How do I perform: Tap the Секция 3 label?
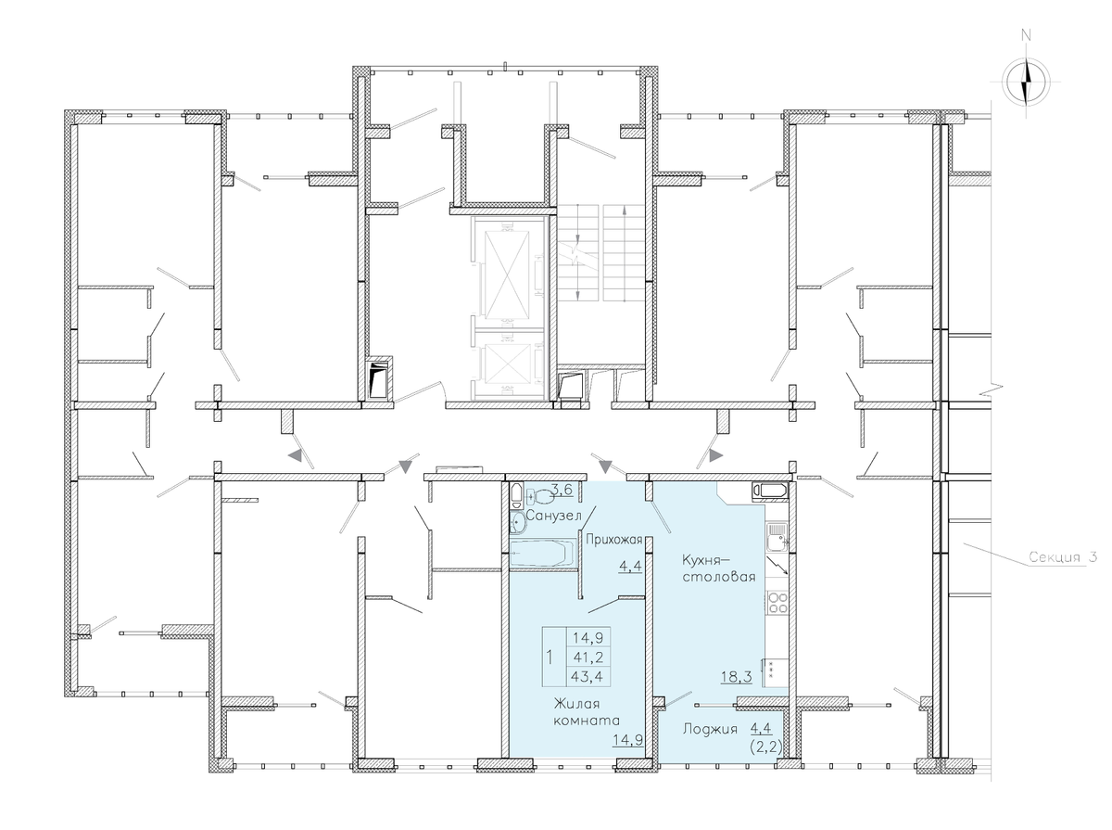coord(1063,557)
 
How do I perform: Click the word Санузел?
coord(554,517)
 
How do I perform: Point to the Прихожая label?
coord(614,540)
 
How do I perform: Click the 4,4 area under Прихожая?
coord(630,566)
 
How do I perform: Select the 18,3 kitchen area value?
coord(737,677)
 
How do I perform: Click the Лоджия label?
coord(710,730)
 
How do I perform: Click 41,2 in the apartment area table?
coord(588,658)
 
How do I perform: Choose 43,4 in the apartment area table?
coord(588,676)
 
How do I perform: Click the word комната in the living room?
coord(587,721)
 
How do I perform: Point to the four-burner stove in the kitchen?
coord(777,603)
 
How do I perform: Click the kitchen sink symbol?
coord(777,538)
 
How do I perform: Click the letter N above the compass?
coord(1027,35)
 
